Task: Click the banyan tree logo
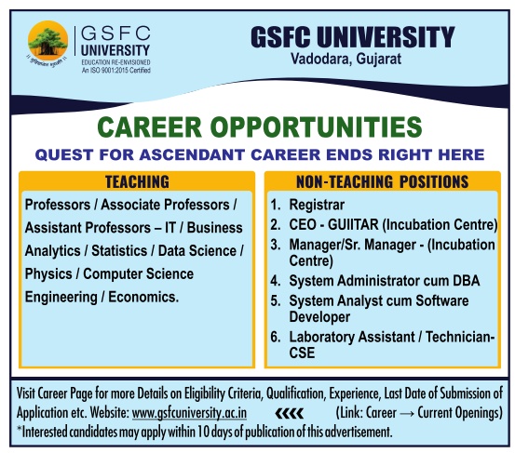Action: pyautogui.click(x=47, y=41)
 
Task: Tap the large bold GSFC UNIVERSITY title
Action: pyautogui.click(x=352, y=37)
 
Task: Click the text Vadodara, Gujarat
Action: pyautogui.click(x=346, y=59)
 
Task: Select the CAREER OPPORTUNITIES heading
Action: pyautogui.click(x=260, y=127)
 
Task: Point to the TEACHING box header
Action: pyautogui.click(x=137, y=181)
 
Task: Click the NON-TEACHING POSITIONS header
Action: pyautogui.click(x=383, y=181)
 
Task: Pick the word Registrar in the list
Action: pyautogui.click(x=317, y=205)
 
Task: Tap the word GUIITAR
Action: pyautogui.click(x=353, y=225)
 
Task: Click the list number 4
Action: pyautogui.click(x=276, y=281)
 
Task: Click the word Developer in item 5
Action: pyautogui.click(x=319, y=317)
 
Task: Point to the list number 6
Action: pyautogui.click(x=276, y=338)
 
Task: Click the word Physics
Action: pyautogui.click(x=48, y=274)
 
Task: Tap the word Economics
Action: pyautogui.click(x=143, y=297)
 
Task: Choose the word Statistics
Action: pyautogui.click(x=119, y=251)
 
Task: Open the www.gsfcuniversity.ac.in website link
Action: pyautogui.click(x=189, y=413)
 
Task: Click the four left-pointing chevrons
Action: pyautogui.click(x=289, y=414)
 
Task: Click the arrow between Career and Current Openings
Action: pyautogui.click(x=407, y=413)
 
